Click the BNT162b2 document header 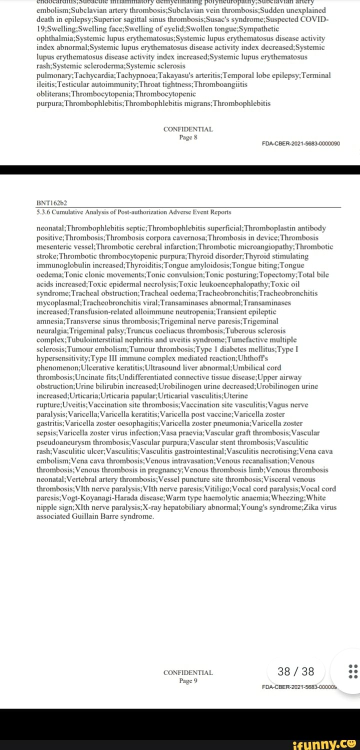point(52,203)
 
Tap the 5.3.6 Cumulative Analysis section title point(133,212)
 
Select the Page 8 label point(188,137)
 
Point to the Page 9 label point(188,680)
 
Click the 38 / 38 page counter point(296,671)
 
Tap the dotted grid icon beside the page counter point(352,671)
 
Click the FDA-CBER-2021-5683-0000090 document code point(301,143)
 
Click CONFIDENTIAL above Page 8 point(188,129)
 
